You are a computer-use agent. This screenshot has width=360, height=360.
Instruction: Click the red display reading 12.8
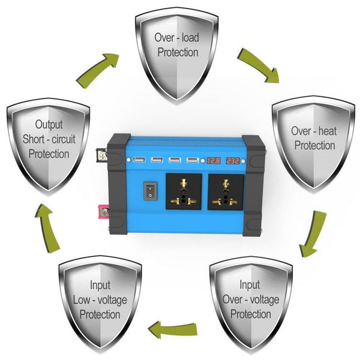coord(214,161)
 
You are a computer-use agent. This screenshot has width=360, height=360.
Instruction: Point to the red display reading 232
coord(234,161)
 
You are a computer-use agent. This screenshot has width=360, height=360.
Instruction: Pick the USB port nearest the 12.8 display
coord(193,160)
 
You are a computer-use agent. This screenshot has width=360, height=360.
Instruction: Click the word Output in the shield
coord(49,125)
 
